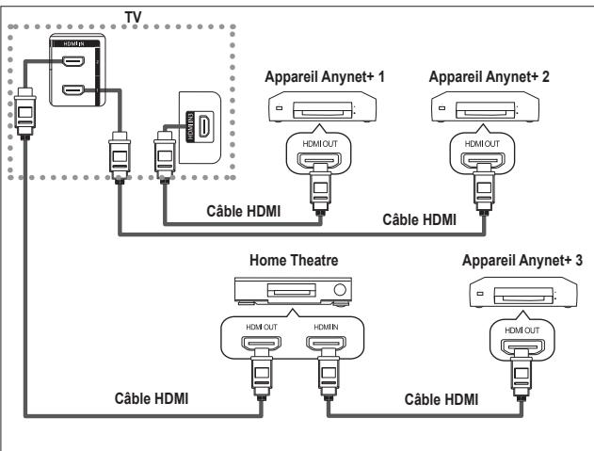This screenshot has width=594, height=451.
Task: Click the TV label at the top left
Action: click(120, 16)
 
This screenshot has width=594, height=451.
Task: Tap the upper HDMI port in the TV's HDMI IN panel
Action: click(72, 63)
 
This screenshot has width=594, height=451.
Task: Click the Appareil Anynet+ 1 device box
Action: click(318, 110)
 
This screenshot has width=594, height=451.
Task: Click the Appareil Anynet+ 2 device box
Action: click(480, 110)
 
